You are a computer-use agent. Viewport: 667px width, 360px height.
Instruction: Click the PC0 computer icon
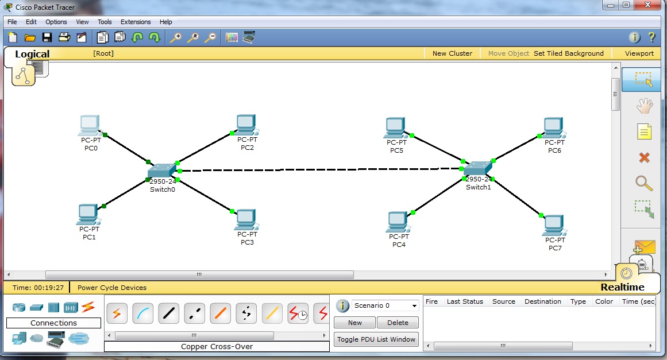click(90, 125)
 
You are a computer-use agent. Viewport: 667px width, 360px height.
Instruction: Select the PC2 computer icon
click(246, 125)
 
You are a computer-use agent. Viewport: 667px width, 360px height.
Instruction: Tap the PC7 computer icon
click(554, 225)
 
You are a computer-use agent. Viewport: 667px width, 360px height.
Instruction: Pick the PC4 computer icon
click(398, 222)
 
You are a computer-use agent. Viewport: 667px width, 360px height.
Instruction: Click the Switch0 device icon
click(161, 171)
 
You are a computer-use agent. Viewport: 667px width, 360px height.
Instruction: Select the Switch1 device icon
click(478, 168)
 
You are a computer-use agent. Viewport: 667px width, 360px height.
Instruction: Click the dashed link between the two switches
click(321, 169)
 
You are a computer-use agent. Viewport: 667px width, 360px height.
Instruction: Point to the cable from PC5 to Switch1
click(437, 148)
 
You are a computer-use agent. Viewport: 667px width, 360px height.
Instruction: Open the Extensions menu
click(135, 22)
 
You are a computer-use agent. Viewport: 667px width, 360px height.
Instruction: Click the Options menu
click(56, 22)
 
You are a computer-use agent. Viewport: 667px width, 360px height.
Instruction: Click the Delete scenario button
click(398, 323)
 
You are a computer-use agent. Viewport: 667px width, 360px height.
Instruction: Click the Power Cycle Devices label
click(112, 288)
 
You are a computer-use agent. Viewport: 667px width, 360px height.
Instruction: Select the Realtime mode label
click(622, 287)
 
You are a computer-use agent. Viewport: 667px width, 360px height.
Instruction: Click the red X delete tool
click(644, 158)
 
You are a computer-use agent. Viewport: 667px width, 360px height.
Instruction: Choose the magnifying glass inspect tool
click(643, 183)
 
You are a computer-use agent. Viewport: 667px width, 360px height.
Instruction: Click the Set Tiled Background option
click(568, 53)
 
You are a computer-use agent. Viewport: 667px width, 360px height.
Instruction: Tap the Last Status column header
click(465, 301)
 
